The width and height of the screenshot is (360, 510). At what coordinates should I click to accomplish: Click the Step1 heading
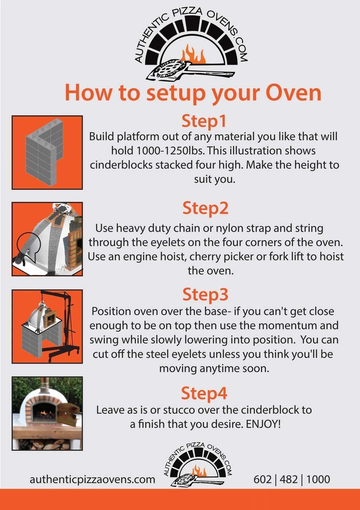204,122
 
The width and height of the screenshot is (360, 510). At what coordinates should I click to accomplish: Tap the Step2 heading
205,208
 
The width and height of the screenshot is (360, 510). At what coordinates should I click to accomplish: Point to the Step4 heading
204,393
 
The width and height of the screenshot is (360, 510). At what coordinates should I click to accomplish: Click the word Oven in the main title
293,93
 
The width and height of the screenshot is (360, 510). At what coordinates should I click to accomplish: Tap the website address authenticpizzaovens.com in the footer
92,479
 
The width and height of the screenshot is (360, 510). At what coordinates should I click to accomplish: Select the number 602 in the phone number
262,479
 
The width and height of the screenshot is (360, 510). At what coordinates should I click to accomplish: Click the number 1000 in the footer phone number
318,479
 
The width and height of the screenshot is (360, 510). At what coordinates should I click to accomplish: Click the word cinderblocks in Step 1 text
121,165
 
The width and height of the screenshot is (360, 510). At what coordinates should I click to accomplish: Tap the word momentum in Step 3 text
286,326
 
